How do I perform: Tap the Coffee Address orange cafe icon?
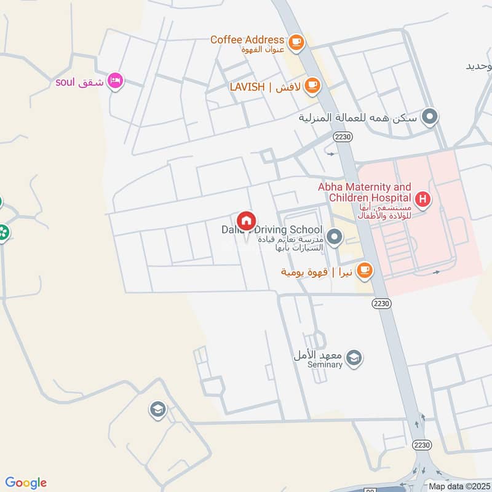point(297,41)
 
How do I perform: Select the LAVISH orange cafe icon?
point(312,85)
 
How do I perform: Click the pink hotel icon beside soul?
point(115,81)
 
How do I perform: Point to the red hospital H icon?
point(423,199)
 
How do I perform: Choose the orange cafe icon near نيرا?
point(365,270)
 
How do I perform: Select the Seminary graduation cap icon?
point(354,357)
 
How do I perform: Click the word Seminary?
point(325,365)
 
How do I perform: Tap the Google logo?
point(26,483)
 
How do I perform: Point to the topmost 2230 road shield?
point(344,138)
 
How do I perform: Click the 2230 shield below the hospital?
point(380,304)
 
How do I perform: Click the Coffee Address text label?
point(247,39)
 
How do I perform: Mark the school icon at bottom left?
point(158,409)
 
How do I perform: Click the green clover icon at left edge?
point(3,232)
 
